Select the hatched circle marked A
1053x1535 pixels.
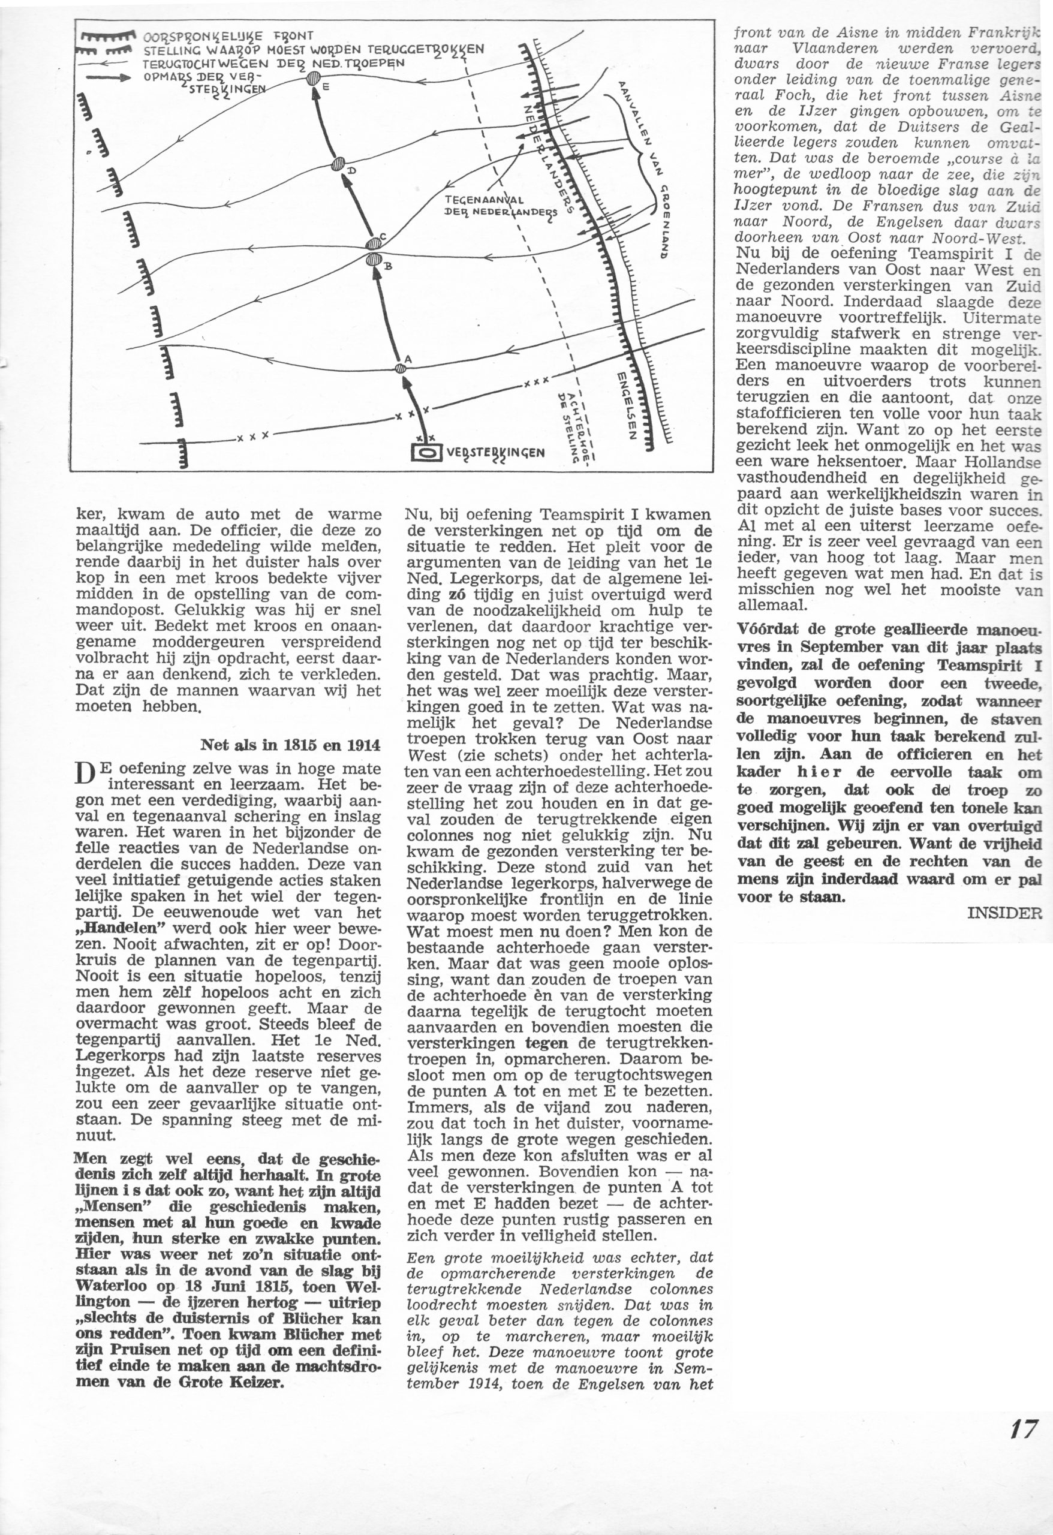pos(401,368)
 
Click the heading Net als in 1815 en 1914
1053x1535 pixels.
pos(290,745)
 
